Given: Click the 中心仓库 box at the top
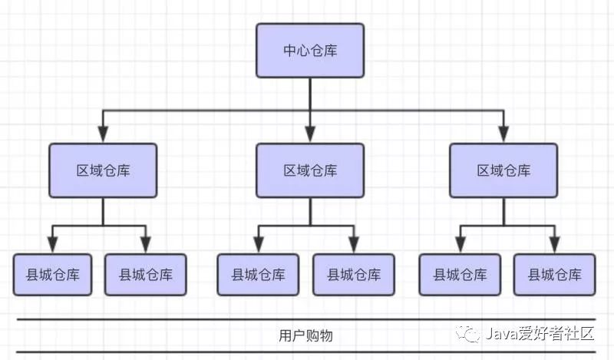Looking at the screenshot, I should coord(310,51).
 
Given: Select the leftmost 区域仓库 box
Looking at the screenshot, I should coord(103,170).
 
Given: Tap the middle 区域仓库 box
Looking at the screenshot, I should coord(310,170).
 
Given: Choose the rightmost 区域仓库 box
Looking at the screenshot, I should coord(503,170).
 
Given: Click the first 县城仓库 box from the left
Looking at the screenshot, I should coord(52,274).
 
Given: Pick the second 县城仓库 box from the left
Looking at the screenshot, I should coord(145,274).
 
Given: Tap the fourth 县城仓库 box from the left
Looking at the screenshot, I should coord(353,274).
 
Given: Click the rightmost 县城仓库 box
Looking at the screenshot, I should coord(553,274).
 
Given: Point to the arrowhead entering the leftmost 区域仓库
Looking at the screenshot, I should coord(103,135).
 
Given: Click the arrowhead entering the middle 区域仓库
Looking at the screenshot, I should coord(310,135).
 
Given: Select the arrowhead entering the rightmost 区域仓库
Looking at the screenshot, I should coord(503,135).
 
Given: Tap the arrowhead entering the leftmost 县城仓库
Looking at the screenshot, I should coord(52,246).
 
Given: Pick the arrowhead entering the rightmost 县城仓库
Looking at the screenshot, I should coord(553,246).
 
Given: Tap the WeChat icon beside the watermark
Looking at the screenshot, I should coord(467,334).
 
